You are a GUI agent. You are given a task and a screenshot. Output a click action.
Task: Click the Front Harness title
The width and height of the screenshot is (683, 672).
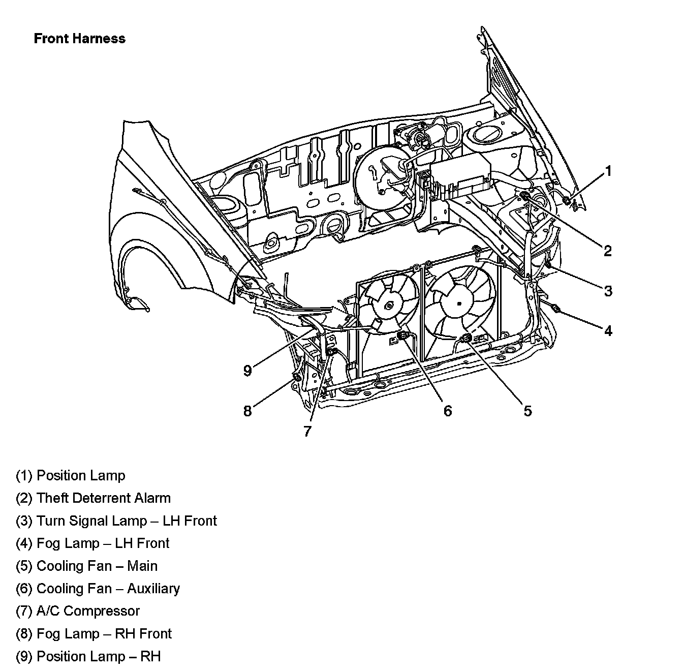point(79,39)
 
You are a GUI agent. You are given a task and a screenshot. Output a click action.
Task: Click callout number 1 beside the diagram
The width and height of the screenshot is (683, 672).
point(608,171)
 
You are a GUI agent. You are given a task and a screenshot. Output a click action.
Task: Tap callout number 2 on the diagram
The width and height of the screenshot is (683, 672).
point(608,250)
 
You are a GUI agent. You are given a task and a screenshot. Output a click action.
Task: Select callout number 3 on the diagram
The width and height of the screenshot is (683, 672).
point(608,291)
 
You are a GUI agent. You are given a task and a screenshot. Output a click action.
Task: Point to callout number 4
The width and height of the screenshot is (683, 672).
point(608,331)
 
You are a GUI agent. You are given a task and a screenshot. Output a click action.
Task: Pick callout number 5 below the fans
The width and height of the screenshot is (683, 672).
point(527,411)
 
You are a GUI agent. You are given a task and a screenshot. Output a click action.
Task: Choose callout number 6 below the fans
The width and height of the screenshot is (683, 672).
point(447,411)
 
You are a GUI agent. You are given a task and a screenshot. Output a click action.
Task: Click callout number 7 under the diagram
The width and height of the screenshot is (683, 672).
point(307,432)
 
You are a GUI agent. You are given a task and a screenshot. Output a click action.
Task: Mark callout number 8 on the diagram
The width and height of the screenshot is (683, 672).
point(247,411)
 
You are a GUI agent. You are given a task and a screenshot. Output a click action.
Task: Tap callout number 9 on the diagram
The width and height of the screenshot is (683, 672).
point(247,371)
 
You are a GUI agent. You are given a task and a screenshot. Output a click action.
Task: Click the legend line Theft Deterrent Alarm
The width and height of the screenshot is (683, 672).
point(94,498)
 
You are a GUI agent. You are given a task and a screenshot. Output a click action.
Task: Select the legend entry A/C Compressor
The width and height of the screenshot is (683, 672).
point(78,611)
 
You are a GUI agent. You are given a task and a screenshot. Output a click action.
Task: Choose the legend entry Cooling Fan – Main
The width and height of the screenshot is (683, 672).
point(87,566)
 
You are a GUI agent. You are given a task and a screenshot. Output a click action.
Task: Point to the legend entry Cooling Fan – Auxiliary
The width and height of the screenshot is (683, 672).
point(98,589)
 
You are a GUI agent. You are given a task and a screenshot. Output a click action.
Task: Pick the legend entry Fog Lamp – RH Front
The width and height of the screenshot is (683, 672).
point(94,634)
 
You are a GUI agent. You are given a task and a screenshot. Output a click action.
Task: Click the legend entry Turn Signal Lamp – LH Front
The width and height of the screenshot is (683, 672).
point(116,521)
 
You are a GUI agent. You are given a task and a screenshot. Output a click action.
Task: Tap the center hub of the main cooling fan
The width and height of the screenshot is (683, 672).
point(459,303)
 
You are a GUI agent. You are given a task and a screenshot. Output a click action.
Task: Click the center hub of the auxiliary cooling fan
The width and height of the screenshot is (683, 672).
point(389,306)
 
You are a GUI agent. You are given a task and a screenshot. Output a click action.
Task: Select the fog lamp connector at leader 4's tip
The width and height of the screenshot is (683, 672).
point(555,308)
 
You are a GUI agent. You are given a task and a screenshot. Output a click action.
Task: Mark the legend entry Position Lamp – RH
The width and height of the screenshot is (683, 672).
point(88,656)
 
